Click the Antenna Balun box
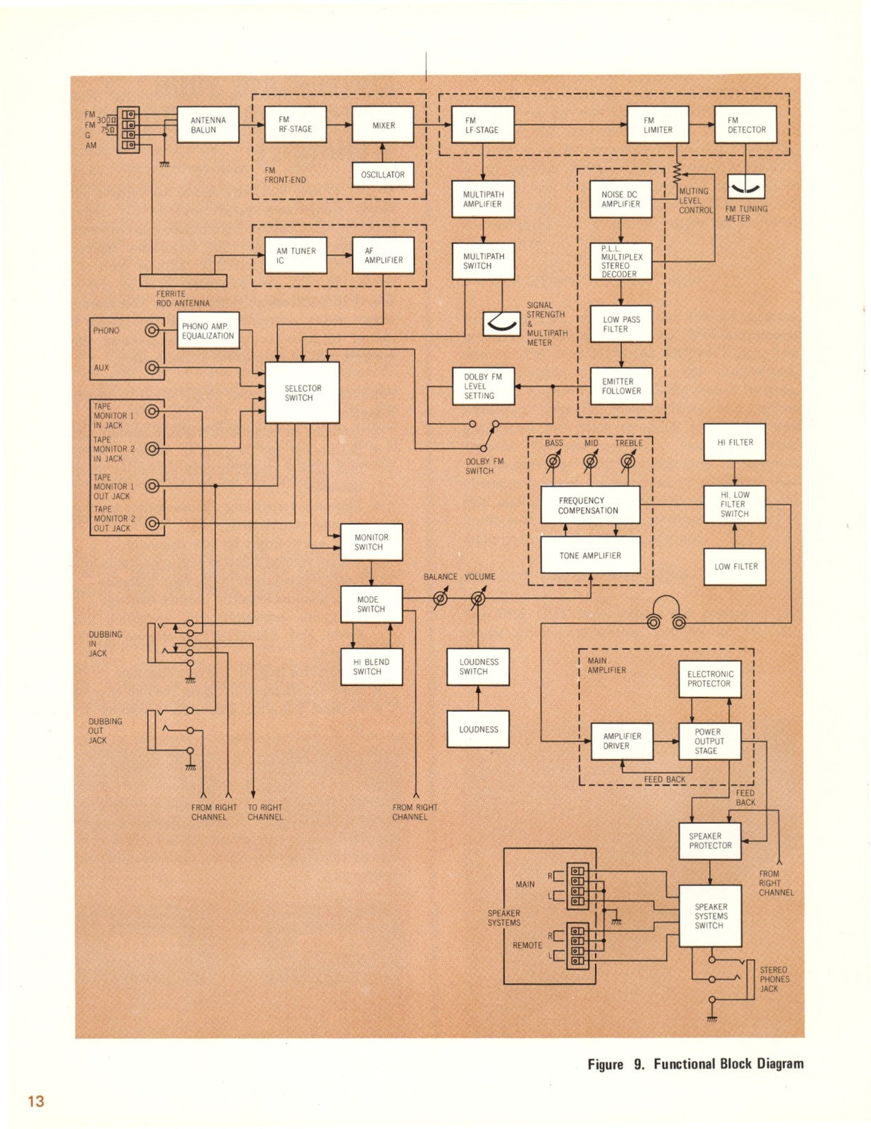[x=208, y=125]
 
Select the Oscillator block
[x=383, y=174]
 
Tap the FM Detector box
[x=745, y=125]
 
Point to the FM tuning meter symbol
[x=745, y=186]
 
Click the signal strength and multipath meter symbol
[x=501, y=322]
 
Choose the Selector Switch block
[x=302, y=393]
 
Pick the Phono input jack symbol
[x=152, y=330]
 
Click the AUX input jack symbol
[x=152, y=368]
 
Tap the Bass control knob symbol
[x=554, y=461]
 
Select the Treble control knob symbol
[x=627, y=461]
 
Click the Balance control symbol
[x=440, y=599]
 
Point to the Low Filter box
[x=735, y=566]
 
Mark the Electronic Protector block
[x=709, y=679]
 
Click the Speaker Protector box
[x=710, y=840]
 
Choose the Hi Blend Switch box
[x=371, y=667]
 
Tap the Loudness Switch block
[x=478, y=667]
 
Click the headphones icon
[x=666, y=612]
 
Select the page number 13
[x=35, y=1101]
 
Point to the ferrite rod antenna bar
[x=184, y=280]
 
